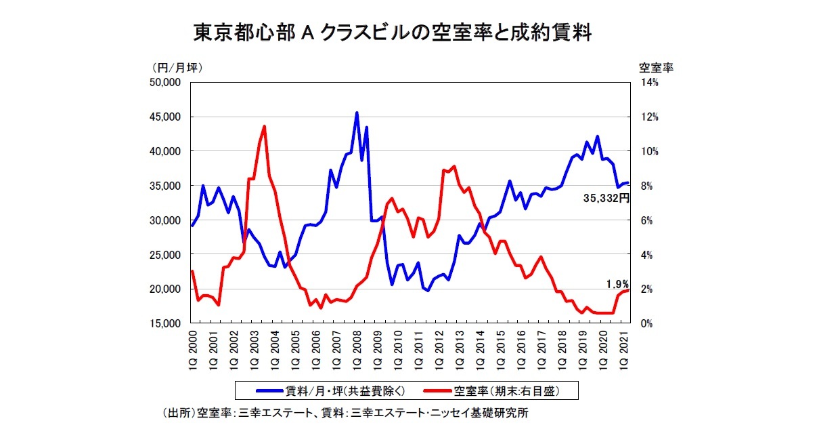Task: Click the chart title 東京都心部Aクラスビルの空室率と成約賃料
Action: click(393, 32)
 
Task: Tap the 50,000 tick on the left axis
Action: click(165, 82)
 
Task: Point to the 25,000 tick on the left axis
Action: click(165, 254)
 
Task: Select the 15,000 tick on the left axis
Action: click(165, 323)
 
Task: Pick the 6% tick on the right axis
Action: click(647, 220)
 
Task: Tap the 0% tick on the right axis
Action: click(647, 323)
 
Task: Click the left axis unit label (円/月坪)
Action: click(177, 67)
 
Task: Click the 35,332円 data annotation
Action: click(606, 198)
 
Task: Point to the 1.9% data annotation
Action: click(618, 284)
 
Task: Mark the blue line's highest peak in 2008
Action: click(357, 113)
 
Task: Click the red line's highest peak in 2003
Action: click(264, 126)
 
